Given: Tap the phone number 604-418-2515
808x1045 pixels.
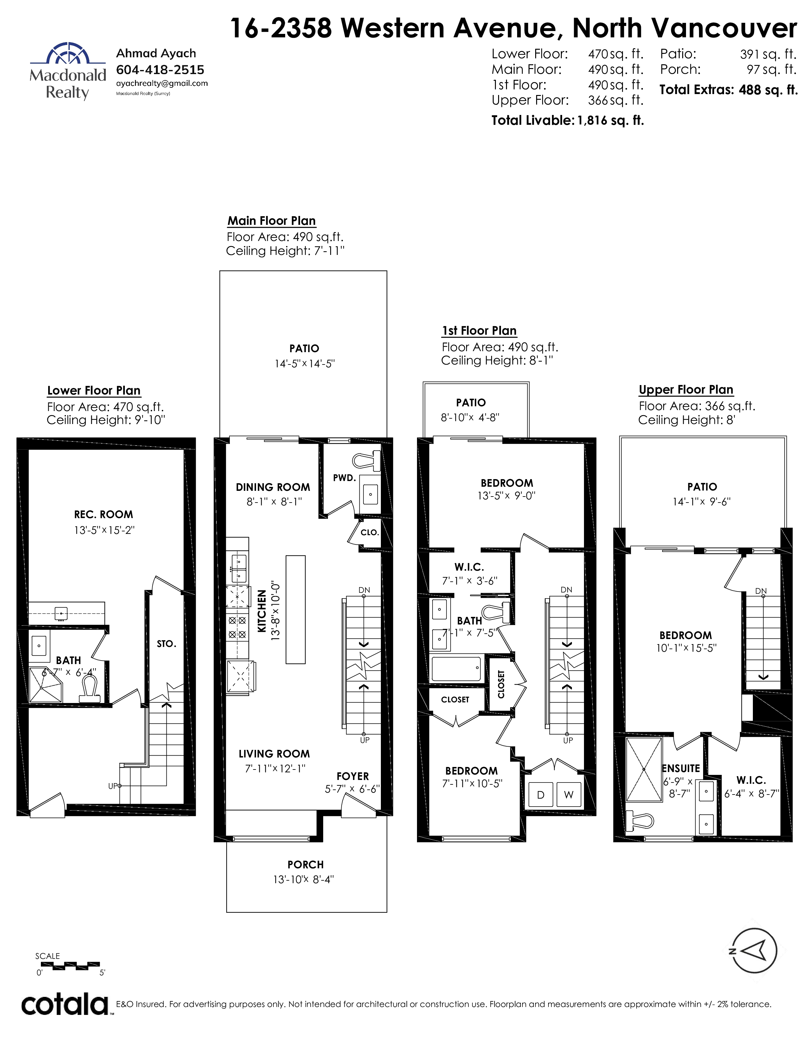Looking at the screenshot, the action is [160, 70].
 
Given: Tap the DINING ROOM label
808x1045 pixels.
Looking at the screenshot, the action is [273, 487].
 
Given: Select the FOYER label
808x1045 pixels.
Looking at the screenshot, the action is [353, 776].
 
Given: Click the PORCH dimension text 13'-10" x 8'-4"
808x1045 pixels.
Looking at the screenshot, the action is [304, 879].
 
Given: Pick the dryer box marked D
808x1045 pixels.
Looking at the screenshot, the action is [541, 795].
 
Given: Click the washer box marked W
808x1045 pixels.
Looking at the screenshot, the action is [569, 795].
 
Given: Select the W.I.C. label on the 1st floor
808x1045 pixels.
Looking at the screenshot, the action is [469, 567].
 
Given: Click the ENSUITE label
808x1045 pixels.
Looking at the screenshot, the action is [681, 769].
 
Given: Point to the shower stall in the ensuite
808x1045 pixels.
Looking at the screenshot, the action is [644, 769].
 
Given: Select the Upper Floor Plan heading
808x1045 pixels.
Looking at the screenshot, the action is [686, 390].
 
